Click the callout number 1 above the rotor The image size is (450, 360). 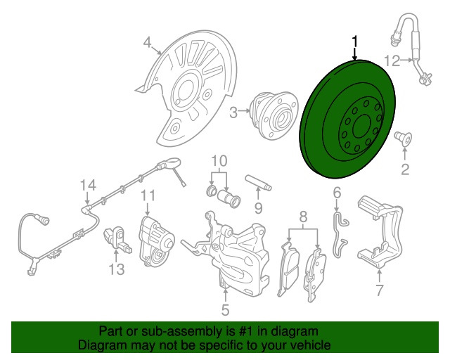pos(355,41)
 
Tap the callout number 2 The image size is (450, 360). pos(405,168)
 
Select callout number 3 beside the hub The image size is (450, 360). pos(233,110)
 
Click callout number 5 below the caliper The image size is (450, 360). pos(225,309)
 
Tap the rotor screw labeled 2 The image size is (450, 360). pos(405,137)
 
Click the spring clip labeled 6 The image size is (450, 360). pos(340,229)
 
